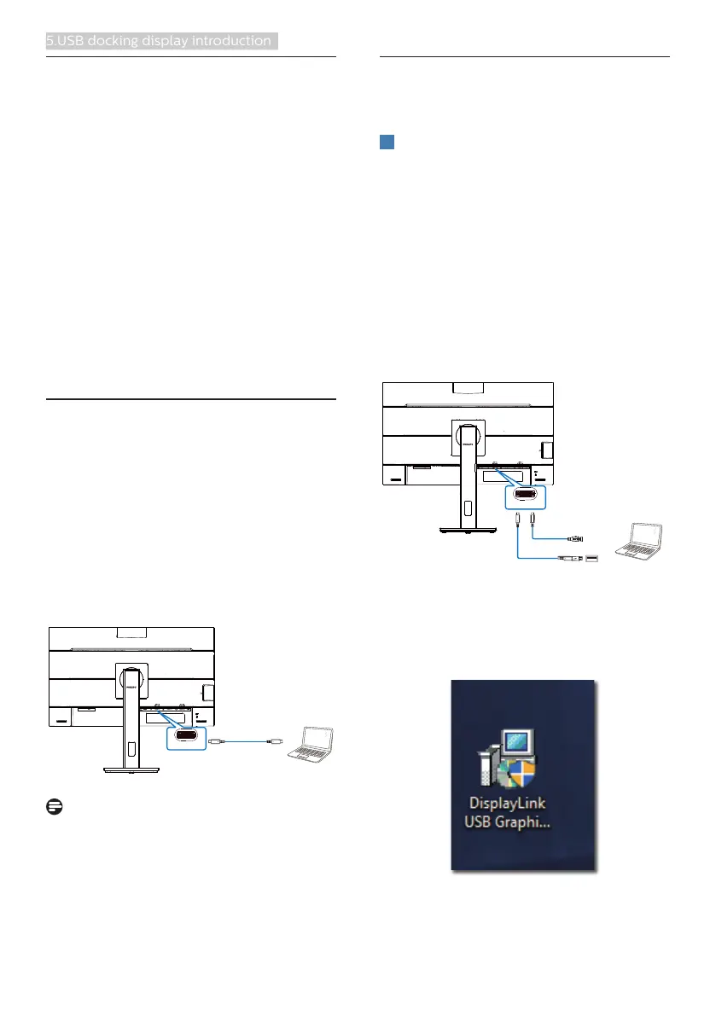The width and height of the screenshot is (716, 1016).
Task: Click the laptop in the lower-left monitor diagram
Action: click(311, 743)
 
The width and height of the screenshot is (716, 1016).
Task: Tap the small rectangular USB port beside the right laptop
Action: click(592, 560)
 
